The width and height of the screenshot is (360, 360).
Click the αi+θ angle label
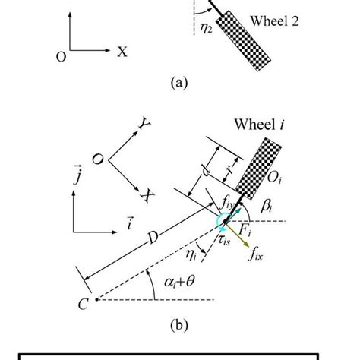(x=180, y=285)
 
